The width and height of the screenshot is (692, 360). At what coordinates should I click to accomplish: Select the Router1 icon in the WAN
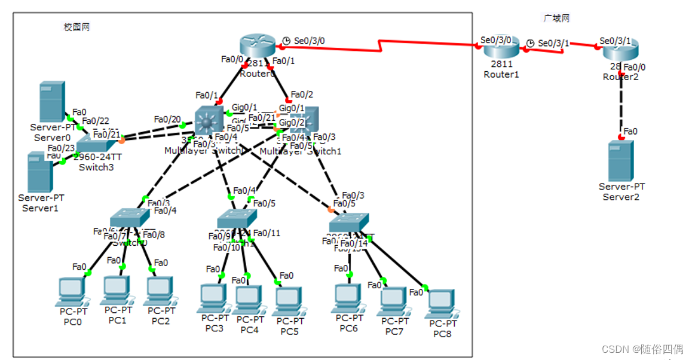pos(501,48)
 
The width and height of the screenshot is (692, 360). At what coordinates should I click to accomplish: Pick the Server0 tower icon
pos(52,102)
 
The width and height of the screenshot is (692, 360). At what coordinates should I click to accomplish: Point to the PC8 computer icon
pos(440,304)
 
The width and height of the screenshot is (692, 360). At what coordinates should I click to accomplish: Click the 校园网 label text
pos(76,27)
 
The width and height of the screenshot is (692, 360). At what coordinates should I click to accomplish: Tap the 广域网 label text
pos(556,19)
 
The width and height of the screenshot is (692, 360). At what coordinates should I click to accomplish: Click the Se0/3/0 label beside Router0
pos(310,41)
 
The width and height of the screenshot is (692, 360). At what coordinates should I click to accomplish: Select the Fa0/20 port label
pos(167,119)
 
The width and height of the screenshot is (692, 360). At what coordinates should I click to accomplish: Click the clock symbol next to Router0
pos(286,41)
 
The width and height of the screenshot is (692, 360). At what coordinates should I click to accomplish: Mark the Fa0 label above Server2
pos(630,130)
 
